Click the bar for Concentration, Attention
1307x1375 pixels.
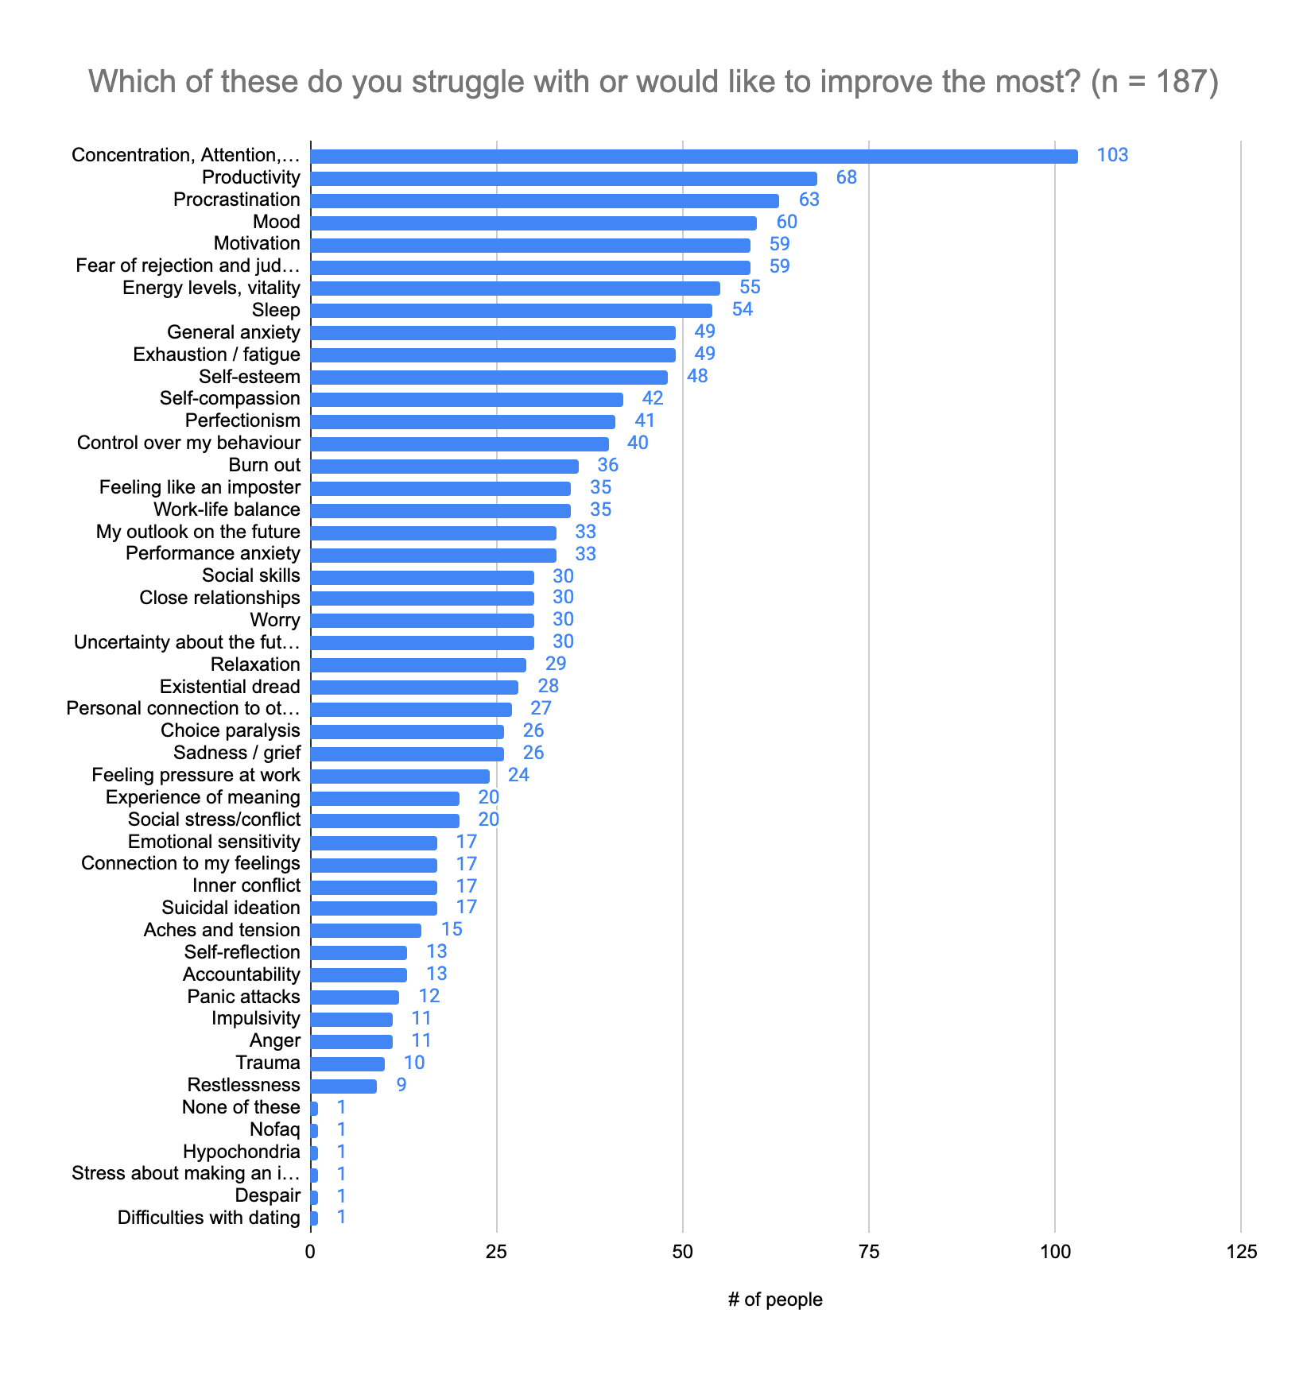(x=693, y=157)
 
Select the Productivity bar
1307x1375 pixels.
(x=563, y=179)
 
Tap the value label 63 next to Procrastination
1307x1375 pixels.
(x=809, y=200)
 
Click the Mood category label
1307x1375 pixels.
(x=276, y=223)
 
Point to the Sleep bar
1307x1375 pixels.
(x=510, y=311)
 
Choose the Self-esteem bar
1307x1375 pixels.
(x=488, y=378)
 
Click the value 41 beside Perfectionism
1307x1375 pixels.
(x=644, y=421)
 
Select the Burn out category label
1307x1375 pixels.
(x=264, y=466)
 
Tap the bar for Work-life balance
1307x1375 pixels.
(x=440, y=510)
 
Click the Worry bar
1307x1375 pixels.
(x=421, y=621)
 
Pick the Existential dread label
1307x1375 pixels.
(x=230, y=687)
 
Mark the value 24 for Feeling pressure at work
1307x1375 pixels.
(x=518, y=775)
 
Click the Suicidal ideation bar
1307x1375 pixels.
(x=373, y=908)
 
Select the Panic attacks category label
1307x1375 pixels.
(x=243, y=997)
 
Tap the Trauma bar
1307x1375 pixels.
(x=347, y=1064)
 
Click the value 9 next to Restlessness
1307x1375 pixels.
(x=401, y=1085)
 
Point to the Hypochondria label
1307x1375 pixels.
(x=241, y=1152)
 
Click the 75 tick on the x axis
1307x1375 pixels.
(x=869, y=1253)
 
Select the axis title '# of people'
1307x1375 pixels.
(x=775, y=1299)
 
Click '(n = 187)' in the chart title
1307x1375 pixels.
(x=1154, y=82)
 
